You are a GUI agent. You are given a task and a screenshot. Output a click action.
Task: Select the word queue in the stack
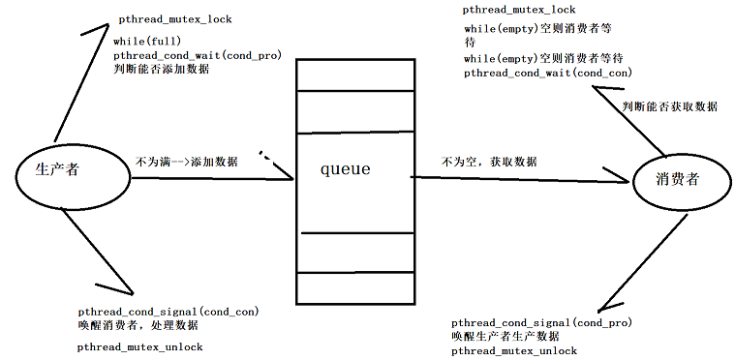[346, 169]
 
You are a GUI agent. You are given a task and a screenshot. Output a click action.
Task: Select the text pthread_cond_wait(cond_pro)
[197, 55]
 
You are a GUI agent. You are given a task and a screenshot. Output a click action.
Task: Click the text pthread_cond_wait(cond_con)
[534, 74]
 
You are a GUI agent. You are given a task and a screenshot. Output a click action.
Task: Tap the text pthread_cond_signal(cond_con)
[168, 312]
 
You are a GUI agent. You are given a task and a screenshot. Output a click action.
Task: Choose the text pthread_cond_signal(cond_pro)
[541, 321]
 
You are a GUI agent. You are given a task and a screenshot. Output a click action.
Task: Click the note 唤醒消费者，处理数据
[139, 326]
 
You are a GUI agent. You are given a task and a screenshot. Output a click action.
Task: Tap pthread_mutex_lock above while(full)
[175, 19]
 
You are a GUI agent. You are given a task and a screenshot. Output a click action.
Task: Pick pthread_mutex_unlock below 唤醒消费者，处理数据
[140, 345]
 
